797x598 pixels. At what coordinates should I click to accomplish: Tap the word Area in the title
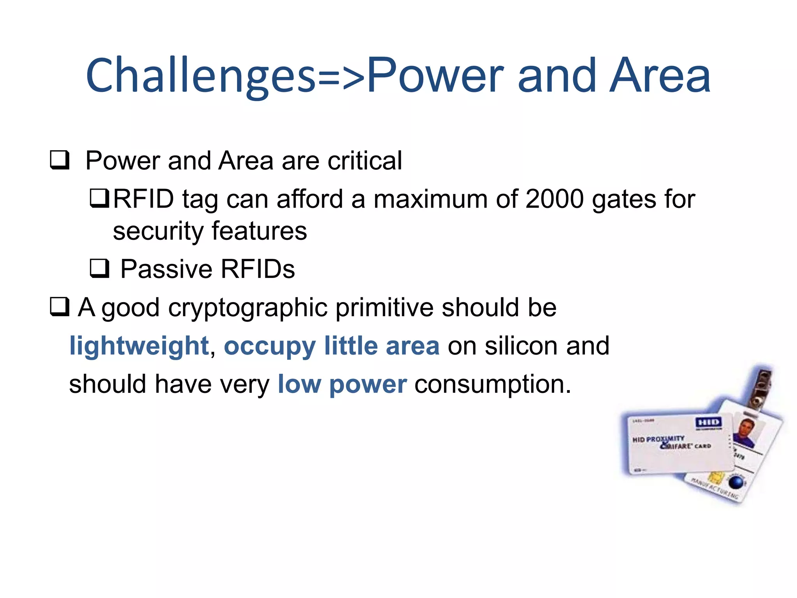pyautogui.click(x=660, y=76)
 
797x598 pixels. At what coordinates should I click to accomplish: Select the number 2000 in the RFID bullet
pyautogui.click(x=554, y=199)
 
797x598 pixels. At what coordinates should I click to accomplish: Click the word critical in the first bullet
pyautogui.click(x=365, y=160)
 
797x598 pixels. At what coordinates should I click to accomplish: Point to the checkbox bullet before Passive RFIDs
pyautogui.click(x=100, y=268)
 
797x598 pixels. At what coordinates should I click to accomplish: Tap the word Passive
pyautogui.click(x=166, y=269)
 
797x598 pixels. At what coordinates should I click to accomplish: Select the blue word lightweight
pyautogui.click(x=139, y=346)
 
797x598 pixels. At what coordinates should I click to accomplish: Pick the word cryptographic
pyautogui.click(x=248, y=308)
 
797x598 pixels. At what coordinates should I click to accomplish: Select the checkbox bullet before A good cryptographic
pyautogui.click(x=60, y=306)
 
